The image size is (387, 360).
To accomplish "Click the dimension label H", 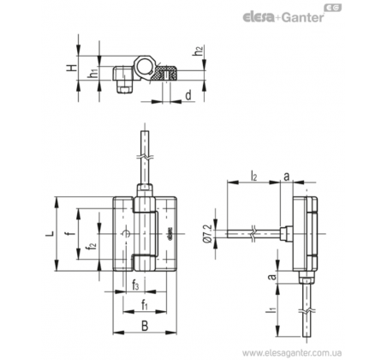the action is [72, 68].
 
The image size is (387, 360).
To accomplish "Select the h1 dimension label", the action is [93, 74].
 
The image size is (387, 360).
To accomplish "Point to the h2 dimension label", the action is [199, 51].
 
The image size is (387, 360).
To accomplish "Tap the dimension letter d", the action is [188, 95].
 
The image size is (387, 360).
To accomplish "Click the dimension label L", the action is [51, 233].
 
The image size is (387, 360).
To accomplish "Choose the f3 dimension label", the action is [135, 285].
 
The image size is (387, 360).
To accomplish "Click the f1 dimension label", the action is [145, 305].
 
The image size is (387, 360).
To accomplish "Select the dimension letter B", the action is [145, 326].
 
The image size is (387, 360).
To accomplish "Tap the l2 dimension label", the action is [253, 177].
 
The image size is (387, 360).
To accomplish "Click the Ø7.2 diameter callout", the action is [208, 234].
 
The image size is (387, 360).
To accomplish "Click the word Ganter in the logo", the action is [303, 18].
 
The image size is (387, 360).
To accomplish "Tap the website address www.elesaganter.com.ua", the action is [292, 352].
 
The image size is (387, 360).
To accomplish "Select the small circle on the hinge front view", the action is [126, 234].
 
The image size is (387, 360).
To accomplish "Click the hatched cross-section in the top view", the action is [166, 73].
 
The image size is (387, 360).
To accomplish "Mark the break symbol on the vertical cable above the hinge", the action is [146, 157].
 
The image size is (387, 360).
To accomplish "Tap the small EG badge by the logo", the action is [333, 8].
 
